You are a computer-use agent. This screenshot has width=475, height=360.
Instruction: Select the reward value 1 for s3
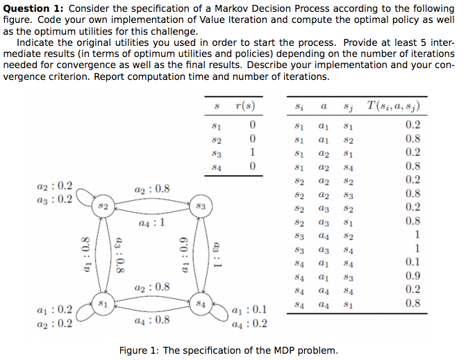click(253, 152)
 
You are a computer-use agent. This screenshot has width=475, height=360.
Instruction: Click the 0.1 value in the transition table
click(412, 262)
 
